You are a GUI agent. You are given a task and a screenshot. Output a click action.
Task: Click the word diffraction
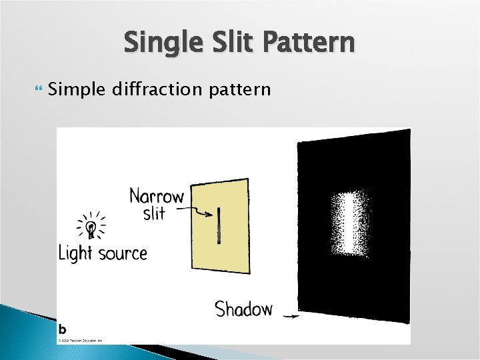pos(151,89)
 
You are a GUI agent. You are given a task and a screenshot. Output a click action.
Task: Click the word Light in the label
pos(75,253)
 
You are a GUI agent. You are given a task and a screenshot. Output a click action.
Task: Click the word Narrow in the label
pos(156,197)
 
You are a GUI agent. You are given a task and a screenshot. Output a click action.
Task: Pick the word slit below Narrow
pos(154,214)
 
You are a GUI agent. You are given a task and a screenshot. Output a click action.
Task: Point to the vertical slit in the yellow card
pos(218,225)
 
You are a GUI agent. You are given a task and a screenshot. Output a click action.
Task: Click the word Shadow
pos(243,309)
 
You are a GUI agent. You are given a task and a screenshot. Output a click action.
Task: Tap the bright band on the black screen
pos(350,223)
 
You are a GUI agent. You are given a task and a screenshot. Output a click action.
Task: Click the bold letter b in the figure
pos(62,329)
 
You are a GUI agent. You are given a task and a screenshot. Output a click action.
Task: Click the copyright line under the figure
pos(80,340)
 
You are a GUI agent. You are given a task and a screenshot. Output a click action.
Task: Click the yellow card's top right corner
pos(247,179)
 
